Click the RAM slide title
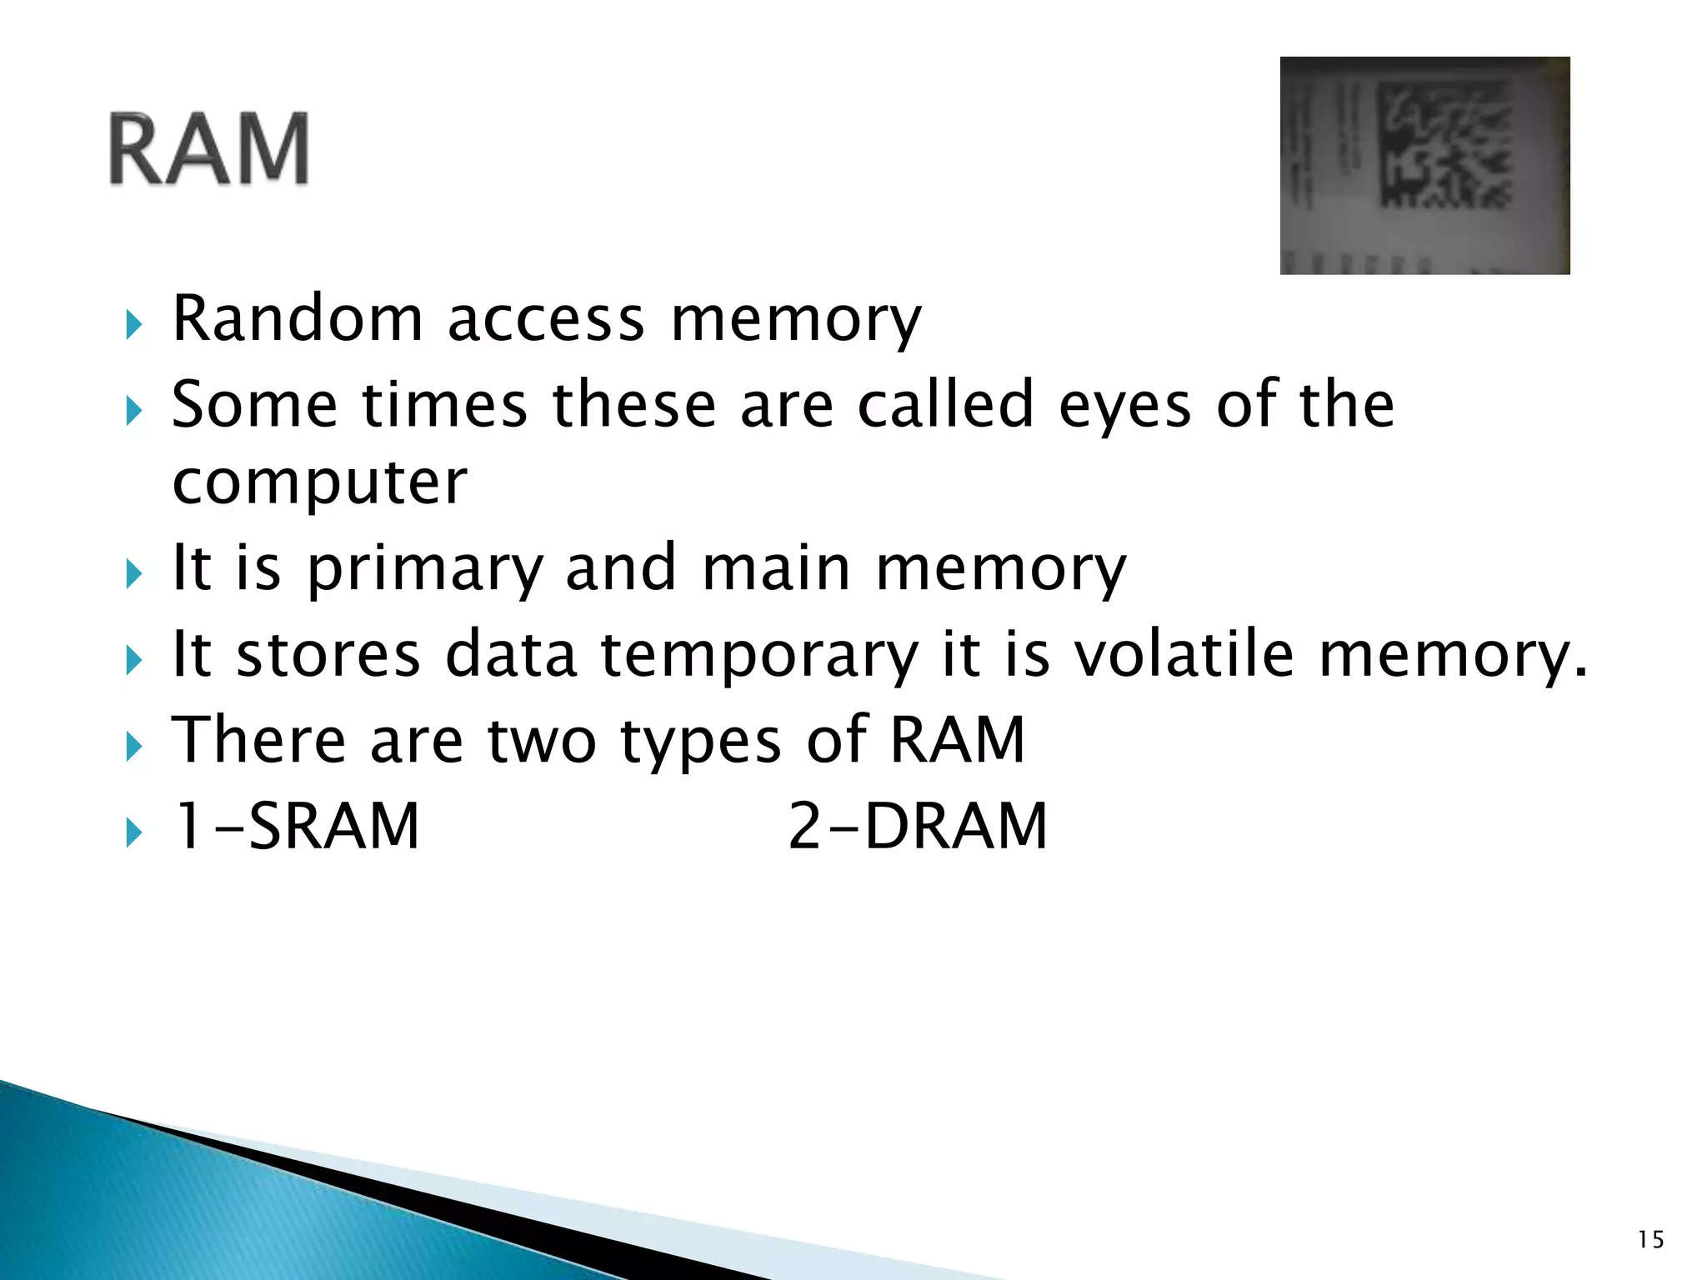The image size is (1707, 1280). tap(208, 150)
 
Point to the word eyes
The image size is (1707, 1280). tap(1124, 406)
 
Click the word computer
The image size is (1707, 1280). tap(319, 482)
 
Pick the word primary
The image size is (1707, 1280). tap(425, 569)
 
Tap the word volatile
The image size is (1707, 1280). tap(1183, 655)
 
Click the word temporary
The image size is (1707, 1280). tap(758, 657)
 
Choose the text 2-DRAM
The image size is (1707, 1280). tap(917, 827)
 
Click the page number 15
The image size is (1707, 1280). tap(1650, 1240)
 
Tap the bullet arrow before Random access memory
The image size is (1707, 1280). tap(134, 324)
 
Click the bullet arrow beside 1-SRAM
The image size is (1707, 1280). tap(134, 832)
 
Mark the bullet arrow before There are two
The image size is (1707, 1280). tap(134, 746)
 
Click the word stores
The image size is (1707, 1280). tap(328, 655)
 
